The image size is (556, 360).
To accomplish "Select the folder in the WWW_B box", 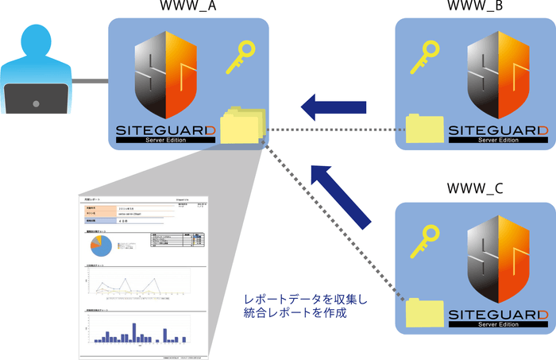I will coord(424,128).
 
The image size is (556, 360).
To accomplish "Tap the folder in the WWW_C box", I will coord(425,312).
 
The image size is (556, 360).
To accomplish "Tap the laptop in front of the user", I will coord(31,98).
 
